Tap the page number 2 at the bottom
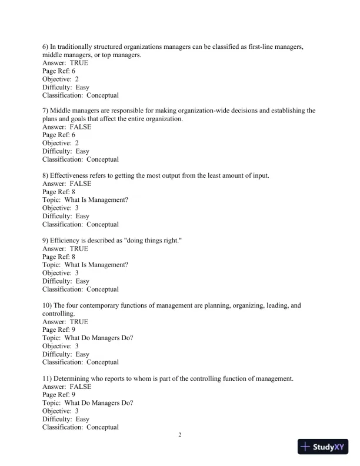pos(181,435)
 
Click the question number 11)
pos(48,379)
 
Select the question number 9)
pos(46,241)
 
